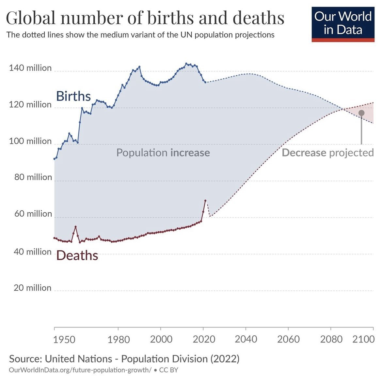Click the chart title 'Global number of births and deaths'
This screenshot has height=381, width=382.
pyautogui.click(x=145, y=18)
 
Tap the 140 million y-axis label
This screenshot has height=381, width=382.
pyautogui.click(x=30, y=68)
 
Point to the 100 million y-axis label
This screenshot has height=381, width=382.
pyautogui.click(x=30, y=141)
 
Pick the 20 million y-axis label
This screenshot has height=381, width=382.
pyautogui.click(x=32, y=288)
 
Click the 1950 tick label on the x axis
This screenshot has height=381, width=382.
pyautogui.click(x=64, y=339)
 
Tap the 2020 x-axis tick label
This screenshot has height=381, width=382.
pyautogui.click(x=204, y=339)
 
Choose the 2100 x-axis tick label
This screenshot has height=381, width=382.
pyautogui.click(x=363, y=339)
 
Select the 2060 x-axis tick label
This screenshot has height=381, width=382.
pyautogui.click(x=288, y=339)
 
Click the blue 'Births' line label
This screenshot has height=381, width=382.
pyautogui.click(x=73, y=96)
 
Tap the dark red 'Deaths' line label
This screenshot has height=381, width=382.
pyautogui.click(x=77, y=255)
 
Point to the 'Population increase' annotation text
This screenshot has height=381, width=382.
pyautogui.click(x=163, y=153)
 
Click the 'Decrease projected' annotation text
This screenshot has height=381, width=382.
pyautogui.click(x=327, y=153)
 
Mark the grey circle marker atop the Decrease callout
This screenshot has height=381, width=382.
pyautogui.click(x=361, y=113)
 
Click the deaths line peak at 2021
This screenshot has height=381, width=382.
pyautogui.click(x=205, y=201)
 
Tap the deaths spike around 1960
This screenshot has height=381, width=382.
pyautogui.click(x=75, y=227)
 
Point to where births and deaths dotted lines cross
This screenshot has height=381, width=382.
pyautogui.click(x=343, y=109)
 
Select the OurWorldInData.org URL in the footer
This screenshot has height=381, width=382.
pyautogui.click(x=80, y=370)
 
